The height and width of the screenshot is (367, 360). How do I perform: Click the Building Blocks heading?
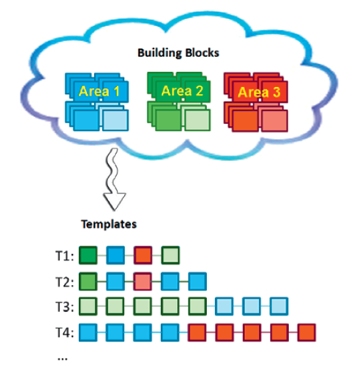178,53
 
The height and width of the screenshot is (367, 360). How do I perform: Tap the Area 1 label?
99,92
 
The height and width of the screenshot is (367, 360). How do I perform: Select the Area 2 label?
182,91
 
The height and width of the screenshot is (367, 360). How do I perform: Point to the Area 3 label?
259,92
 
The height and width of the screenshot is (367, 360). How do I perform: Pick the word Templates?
109,224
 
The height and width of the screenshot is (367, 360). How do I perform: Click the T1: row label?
65,256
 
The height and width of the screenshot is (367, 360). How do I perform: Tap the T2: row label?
65,282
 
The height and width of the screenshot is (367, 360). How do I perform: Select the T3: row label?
65,307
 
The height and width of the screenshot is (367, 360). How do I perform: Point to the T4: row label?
65,332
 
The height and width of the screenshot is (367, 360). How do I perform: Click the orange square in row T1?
143,255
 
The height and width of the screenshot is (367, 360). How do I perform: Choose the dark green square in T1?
88,255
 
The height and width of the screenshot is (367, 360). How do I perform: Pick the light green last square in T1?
171,255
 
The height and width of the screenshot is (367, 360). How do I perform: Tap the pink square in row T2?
143,282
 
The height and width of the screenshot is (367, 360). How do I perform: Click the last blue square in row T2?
197,282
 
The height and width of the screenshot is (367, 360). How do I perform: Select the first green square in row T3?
88,306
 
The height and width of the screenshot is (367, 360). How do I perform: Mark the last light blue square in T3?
279,306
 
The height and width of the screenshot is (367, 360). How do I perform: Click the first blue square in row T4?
88,332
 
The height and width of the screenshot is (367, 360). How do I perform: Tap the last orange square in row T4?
307,332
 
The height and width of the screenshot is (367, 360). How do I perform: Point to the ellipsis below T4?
62,359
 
